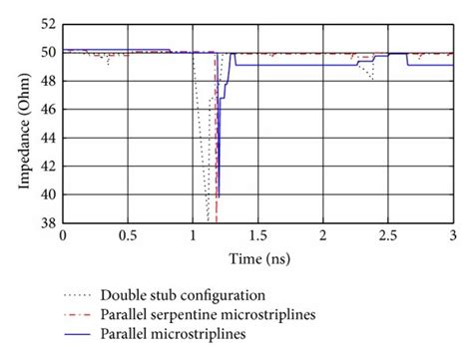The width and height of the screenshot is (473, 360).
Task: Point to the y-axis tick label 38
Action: click(46, 222)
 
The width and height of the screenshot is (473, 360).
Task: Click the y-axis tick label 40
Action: click(46, 194)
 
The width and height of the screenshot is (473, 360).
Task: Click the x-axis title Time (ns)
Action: click(256, 257)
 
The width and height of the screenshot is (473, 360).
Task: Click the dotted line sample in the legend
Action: click(83, 296)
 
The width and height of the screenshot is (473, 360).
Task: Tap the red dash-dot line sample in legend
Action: click(83, 316)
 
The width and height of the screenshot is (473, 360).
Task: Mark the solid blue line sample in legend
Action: click(83, 336)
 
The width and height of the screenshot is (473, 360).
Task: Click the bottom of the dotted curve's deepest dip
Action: click(208, 219)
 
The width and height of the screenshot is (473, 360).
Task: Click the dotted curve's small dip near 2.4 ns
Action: click(372, 80)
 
